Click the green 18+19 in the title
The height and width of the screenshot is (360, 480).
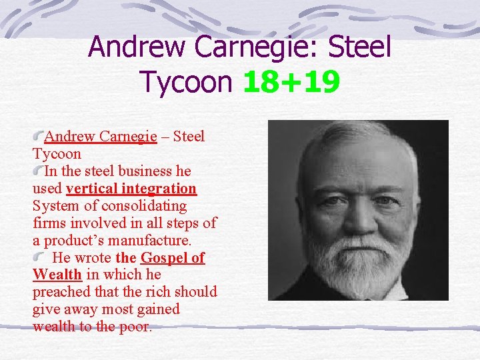[x=291, y=82]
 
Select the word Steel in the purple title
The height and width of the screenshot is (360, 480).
[x=359, y=47]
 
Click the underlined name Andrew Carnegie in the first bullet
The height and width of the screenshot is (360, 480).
[x=101, y=137]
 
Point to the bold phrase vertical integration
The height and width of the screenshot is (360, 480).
[x=131, y=189]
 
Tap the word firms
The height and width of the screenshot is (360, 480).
[x=48, y=223]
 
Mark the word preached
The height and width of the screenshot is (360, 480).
[x=58, y=292]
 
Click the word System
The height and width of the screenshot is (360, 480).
[x=54, y=206]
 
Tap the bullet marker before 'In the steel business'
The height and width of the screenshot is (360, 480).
[x=39, y=171]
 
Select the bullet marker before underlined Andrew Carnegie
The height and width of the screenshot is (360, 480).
[x=39, y=136]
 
